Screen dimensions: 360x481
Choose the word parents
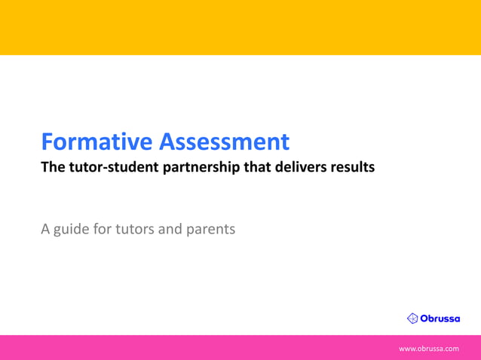pos(209,228)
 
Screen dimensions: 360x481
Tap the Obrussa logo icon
pos(412,319)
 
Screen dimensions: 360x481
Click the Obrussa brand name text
pos(440,319)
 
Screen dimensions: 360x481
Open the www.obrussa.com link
pos(428,349)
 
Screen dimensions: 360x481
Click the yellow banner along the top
pos(240,27)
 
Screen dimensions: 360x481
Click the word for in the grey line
pos(102,228)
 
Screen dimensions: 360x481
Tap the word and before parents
pos(170,228)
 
